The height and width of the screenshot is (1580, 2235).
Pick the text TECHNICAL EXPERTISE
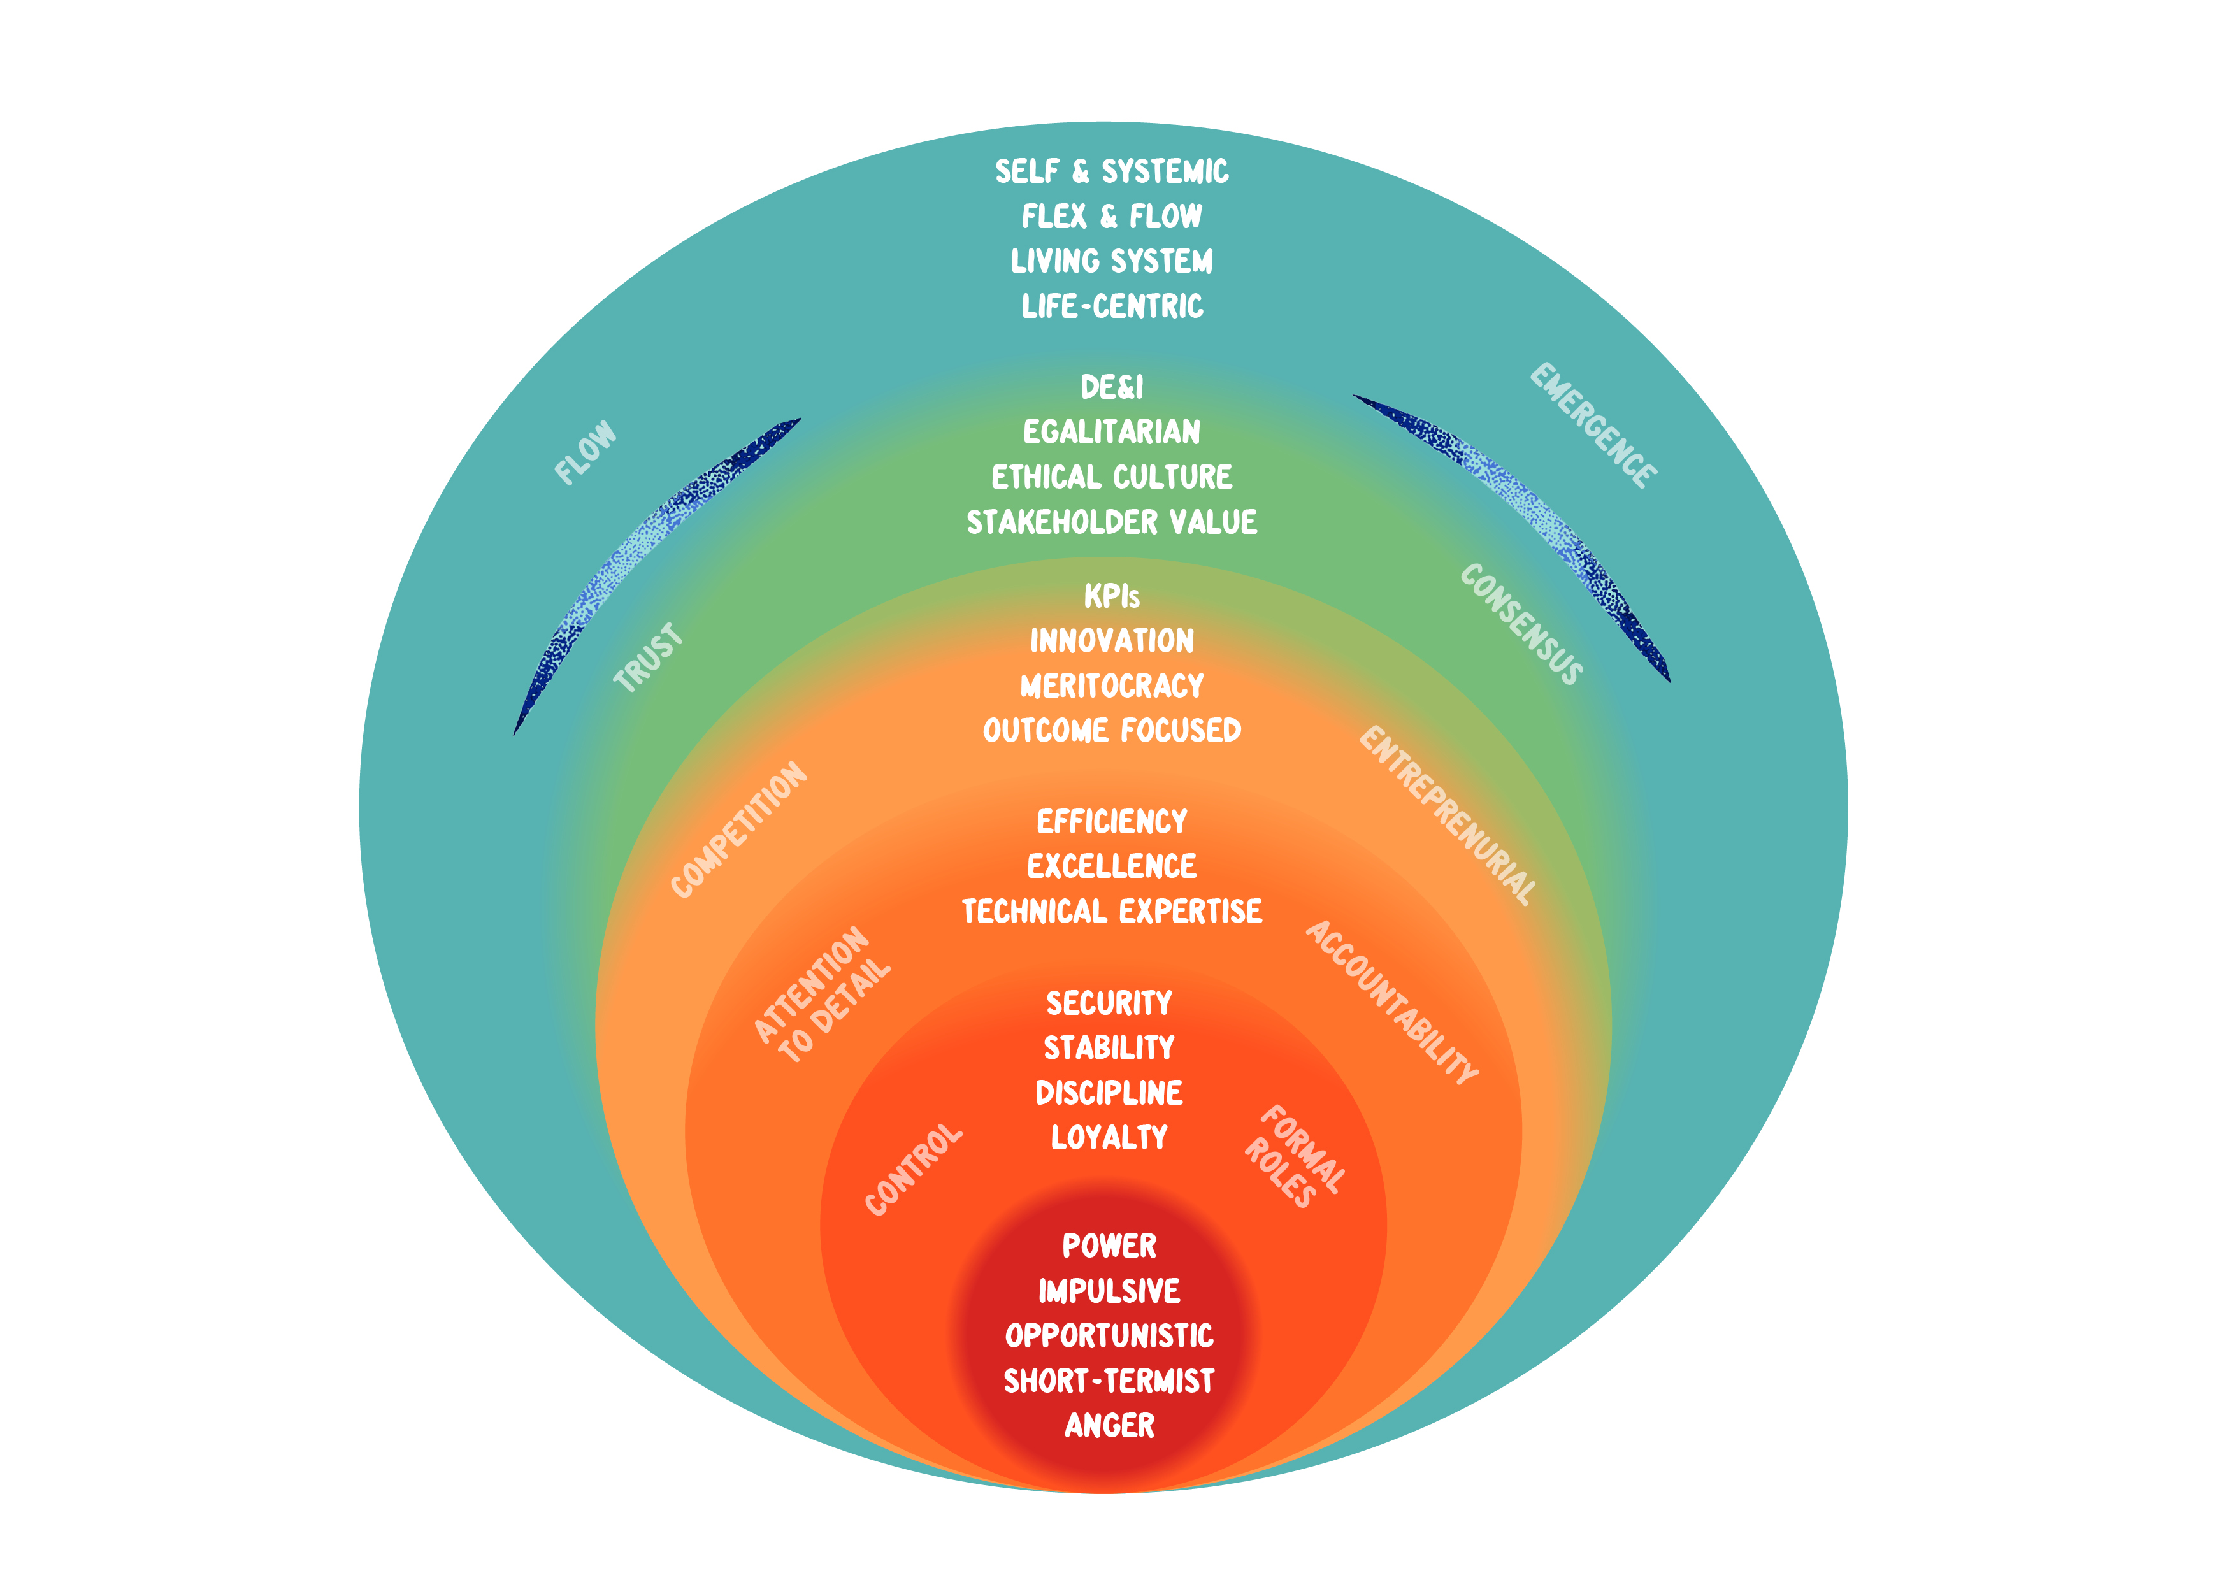(1112, 911)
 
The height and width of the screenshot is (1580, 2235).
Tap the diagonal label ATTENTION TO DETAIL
(823, 994)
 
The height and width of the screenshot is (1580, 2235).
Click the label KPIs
(1112, 596)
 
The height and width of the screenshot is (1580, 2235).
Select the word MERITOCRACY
(1112, 686)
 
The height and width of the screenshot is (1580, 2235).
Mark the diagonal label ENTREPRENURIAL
(1448, 815)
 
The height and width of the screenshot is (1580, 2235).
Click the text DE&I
(1112, 387)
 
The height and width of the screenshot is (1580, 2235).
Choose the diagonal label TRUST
(649, 658)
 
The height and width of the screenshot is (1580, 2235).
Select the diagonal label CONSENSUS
(1521, 624)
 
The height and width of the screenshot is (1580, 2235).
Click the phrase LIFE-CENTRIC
(1112, 306)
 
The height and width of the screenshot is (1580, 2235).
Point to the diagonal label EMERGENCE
(1593, 426)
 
